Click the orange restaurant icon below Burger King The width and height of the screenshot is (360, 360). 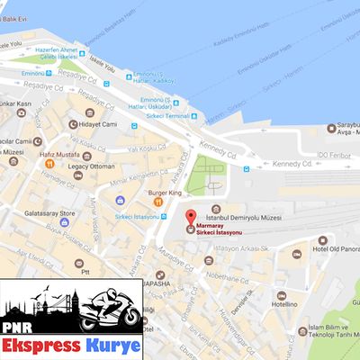pyautogui.click(x=158, y=203)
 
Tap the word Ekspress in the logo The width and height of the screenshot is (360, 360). pyautogui.click(x=41, y=345)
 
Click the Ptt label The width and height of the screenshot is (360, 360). pyautogui.click(x=83, y=271)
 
